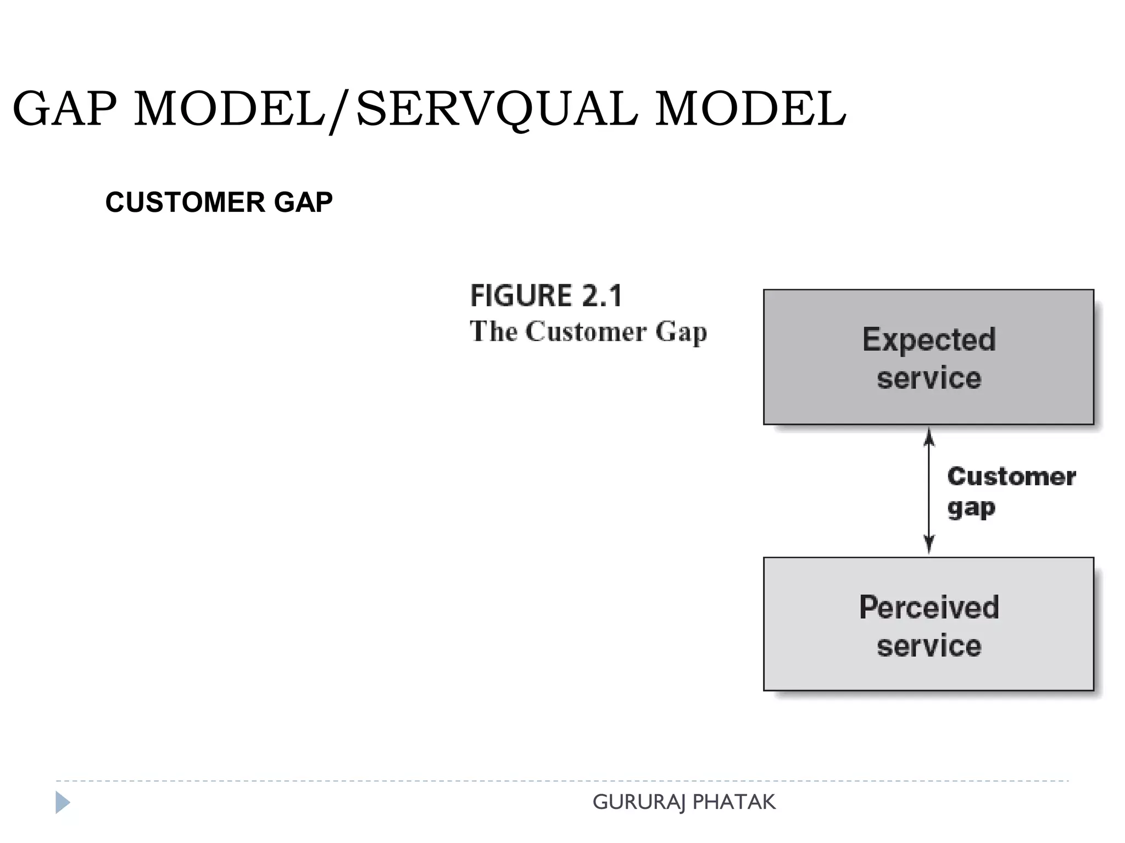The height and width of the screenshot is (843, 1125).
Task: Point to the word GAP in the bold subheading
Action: click(303, 202)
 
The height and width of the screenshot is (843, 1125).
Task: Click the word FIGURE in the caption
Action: click(521, 296)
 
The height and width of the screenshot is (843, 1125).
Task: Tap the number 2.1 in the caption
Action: click(602, 296)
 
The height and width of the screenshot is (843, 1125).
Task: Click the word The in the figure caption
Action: click(493, 331)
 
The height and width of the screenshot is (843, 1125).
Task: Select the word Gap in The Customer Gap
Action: click(681, 331)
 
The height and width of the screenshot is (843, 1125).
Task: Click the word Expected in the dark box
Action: click(928, 339)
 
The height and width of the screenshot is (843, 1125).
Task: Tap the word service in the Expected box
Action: click(928, 378)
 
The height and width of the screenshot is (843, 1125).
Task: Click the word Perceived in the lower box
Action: click(928, 607)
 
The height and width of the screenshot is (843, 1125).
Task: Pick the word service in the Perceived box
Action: click(928, 645)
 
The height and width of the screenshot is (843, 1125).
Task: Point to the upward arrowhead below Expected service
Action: click(929, 437)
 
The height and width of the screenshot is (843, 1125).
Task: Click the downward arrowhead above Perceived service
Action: click(929, 546)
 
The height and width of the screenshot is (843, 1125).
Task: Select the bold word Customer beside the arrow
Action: click(1011, 476)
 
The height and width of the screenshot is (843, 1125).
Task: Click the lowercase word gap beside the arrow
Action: click(971, 508)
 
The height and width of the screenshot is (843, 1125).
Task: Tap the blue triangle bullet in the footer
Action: click(62, 802)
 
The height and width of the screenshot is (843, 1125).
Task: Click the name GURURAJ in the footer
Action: click(639, 802)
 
